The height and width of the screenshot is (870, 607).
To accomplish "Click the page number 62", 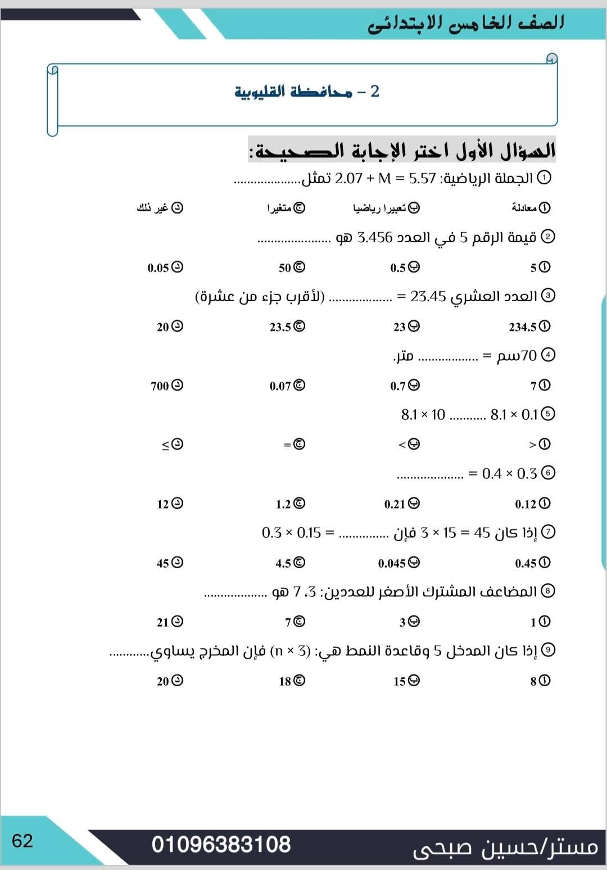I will (22, 841).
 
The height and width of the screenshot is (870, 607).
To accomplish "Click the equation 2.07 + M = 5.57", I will (385, 179).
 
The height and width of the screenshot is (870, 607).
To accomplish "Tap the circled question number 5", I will (547, 414).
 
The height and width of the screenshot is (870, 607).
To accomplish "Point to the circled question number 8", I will (547, 591).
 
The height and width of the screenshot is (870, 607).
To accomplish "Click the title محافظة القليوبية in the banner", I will (293, 92).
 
